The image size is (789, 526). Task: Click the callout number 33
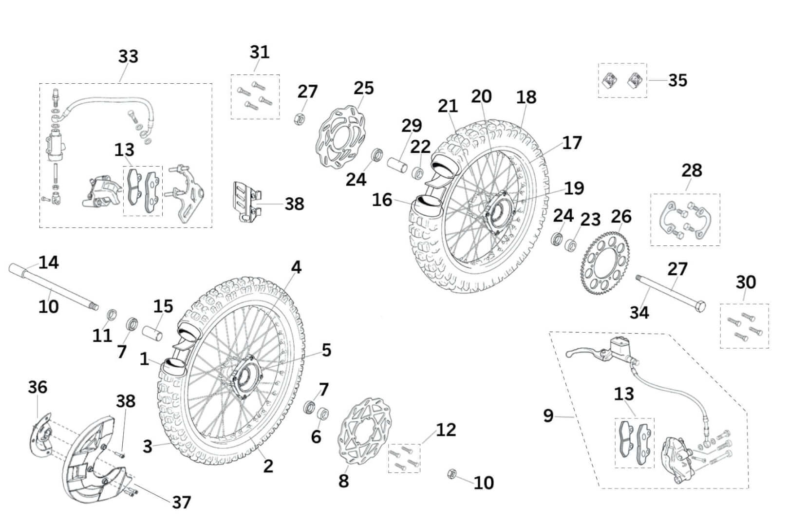click(x=128, y=56)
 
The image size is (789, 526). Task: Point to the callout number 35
click(x=677, y=80)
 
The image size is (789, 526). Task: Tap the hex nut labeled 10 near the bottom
click(x=451, y=473)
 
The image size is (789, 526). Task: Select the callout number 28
click(x=692, y=170)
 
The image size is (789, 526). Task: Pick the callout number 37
click(x=181, y=502)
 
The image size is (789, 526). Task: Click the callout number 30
click(x=745, y=282)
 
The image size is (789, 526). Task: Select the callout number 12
click(x=446, y=430)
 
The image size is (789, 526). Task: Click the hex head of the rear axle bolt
click(x=700, y=307)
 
